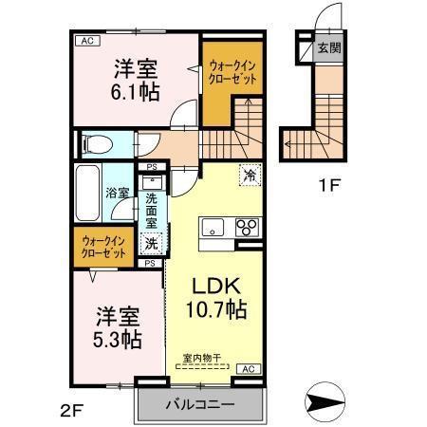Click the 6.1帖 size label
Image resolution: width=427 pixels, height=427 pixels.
click(x=136, y=91)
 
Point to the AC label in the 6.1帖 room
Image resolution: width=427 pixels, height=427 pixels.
click(x=86, y=41)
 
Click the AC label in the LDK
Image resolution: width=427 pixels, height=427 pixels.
click(x=246, y=368)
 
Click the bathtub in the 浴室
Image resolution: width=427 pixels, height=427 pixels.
click(x=88, y=194)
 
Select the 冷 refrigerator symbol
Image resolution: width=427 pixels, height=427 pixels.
click(x=250, y=175)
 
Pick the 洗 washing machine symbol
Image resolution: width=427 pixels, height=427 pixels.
click(x=151, y=244)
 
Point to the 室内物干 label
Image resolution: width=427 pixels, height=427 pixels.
click(x=201, y=358)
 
